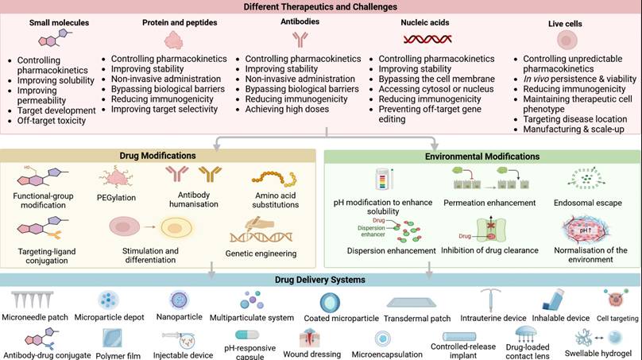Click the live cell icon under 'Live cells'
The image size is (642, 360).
[x=567, y=40]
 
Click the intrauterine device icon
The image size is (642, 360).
[x=489, y=299]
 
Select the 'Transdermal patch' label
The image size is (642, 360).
[x=417, y=319]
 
